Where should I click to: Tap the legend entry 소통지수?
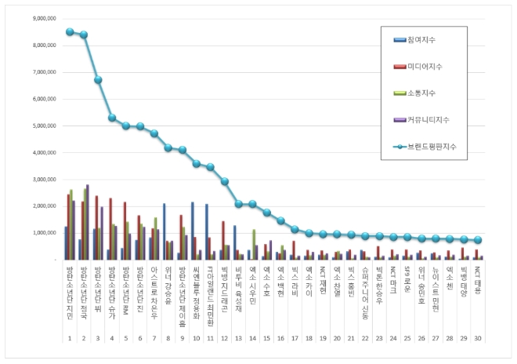(421, 93)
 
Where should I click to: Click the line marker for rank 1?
(70, 32)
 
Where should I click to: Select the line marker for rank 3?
(98, 80)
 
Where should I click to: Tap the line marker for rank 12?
(225, 181)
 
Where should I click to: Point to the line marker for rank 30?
(479, 240)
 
